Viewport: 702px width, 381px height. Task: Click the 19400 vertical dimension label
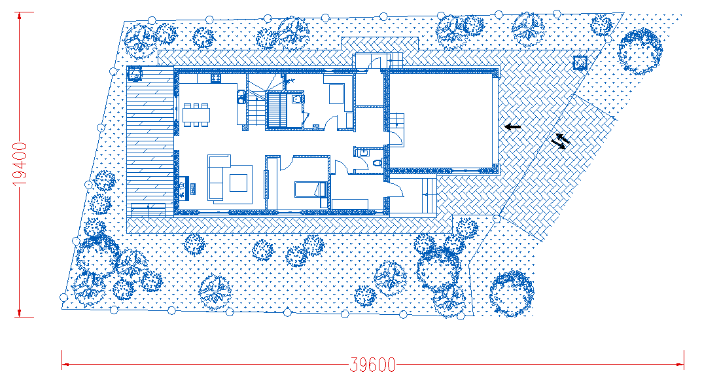(20, 164)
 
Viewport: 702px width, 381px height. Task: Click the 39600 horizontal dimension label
(372, 365)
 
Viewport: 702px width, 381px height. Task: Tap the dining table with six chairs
(196, 115)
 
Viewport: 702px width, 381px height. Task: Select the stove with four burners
(215, 78)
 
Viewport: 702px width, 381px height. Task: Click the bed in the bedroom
(310, 189)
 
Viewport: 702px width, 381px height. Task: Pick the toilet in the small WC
(377, 163)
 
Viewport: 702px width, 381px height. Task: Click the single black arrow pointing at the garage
(513, 127)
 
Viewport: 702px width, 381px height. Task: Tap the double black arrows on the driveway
(561, 141)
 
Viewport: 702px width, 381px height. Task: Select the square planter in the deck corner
(134, 73)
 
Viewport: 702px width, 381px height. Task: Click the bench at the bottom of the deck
(148, 209)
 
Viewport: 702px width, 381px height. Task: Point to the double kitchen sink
(241, 97)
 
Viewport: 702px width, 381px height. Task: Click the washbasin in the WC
(362, 153)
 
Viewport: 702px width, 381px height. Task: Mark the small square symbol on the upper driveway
(580, 63)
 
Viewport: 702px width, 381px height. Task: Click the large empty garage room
(443, 121)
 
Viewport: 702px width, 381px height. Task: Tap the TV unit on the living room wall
(183, 189)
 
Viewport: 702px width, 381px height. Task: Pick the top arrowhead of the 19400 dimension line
(19, 16)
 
